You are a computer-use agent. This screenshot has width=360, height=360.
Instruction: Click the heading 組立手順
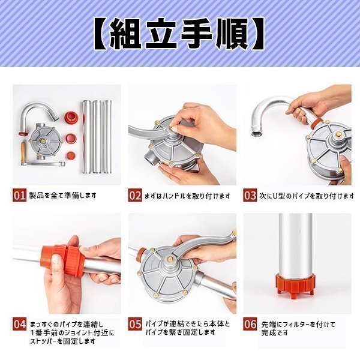[179, 34]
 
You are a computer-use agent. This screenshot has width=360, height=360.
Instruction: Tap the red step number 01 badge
[19, 195]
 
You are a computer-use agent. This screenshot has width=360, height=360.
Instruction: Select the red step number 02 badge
[135, 195]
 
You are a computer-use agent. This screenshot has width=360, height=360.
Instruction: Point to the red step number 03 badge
[250, 195]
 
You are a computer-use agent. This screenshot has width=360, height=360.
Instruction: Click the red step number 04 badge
[19, 324]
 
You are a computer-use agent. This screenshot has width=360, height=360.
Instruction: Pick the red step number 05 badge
[135, 324]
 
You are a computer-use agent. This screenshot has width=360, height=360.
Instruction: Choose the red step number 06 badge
[250, 324]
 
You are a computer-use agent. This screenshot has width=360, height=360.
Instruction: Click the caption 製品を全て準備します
[62, 196]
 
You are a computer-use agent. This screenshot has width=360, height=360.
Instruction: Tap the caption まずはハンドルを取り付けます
[187, 196]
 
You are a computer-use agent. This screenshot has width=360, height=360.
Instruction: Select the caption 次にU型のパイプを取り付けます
[307, 196]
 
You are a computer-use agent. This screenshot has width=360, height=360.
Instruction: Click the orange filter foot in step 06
[295, 286]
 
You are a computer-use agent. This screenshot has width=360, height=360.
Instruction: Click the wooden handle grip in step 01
[23, 151]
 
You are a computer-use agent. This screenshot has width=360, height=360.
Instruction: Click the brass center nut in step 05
[170, 259]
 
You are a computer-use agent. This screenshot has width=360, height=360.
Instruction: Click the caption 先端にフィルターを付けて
[298, 325]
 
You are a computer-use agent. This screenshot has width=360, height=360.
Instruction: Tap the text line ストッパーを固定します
[62, 341]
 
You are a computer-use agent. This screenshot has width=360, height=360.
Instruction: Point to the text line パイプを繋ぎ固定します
[181, 332]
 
